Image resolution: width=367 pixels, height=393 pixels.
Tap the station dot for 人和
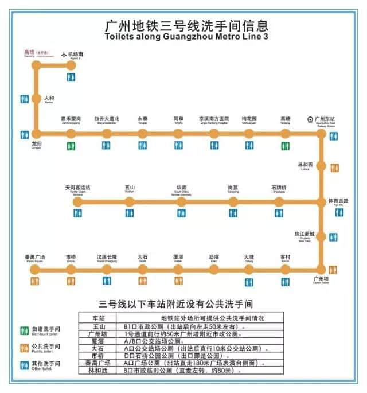(37, 99)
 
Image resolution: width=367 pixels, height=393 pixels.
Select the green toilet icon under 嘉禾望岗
(71, 147)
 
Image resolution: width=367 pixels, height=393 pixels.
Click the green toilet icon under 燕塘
(285, 147)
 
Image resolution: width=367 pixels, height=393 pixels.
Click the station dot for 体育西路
(321, 202)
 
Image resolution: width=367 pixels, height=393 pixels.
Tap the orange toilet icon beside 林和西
(334, 168)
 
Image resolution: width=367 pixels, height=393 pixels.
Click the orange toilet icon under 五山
(130, 213)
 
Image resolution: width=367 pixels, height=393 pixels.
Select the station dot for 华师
(181, 202)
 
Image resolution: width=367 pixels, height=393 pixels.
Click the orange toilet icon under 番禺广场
(36, 281)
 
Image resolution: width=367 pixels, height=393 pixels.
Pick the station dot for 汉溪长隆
(107, 269)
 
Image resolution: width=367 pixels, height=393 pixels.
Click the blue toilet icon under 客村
(285, 281)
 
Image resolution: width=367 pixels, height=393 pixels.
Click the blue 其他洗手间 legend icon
(24, 363)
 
